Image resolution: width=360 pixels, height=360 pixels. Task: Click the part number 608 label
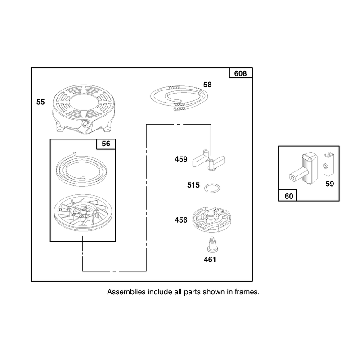coord(240,73)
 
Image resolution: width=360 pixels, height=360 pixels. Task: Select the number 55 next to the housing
coord(40,102)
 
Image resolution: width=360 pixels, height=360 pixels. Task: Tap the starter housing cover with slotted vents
coord(84,109)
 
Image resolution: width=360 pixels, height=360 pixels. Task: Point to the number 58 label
coord(207,85)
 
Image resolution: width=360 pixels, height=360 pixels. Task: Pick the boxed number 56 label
coord(106,144)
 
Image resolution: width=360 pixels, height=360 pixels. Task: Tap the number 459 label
coord(181,159)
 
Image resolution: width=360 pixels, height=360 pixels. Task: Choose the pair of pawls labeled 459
coord(208,160)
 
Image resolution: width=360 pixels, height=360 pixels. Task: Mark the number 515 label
coord(193,185)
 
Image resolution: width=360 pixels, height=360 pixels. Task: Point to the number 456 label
coord(181,220)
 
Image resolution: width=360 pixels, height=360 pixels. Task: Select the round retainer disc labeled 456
coord(211,219)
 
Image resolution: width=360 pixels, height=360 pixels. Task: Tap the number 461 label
coord(210,260)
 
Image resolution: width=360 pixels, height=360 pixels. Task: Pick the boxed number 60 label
coord(289,196)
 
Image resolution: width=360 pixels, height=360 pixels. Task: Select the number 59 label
coord(330,184)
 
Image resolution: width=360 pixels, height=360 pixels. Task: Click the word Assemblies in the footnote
coord(126,292)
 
